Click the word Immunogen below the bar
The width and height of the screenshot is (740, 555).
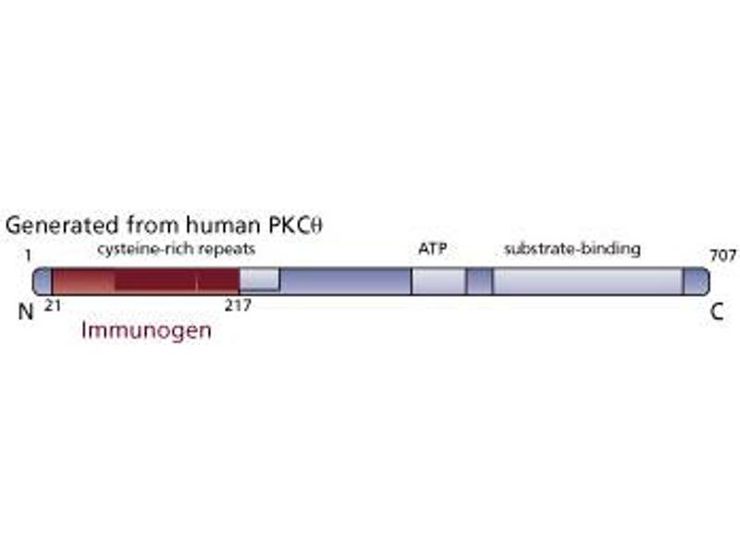click(x=146, y=331)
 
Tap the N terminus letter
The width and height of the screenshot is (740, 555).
click(x=26, y=312)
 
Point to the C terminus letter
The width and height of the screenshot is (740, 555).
click(x=717, y=312)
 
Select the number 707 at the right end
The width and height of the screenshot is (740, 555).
click(x=723, y=255)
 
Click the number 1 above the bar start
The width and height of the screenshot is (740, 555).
click(x=29, y=255)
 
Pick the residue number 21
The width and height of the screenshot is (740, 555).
click(x=53, y=306)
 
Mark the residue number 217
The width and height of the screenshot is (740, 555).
click(x=238, y=306)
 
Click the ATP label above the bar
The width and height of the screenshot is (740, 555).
click(x=433, y=249)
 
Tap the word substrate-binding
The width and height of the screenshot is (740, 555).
click(x=572, y=249)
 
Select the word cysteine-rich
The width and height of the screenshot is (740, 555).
click(x=145, y=250)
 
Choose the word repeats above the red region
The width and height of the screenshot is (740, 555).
click(x=227, y=250)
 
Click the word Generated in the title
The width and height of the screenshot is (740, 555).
click(x=62, y=225)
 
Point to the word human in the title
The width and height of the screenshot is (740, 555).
click(x=223, y=225)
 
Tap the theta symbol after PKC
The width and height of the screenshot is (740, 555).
click(x=317, y=226)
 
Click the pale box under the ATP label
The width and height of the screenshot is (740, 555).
click(x=438, y=281)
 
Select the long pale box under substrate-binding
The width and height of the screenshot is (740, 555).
click(x=588, y=281)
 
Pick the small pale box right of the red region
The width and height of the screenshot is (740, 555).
click(x=259, y=279)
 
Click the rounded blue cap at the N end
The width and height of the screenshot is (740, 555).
click(x=42, y=281)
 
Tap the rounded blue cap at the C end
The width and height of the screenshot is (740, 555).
click(x=697, y=281)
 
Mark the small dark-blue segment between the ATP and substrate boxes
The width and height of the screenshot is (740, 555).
click(x=479, y=281)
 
